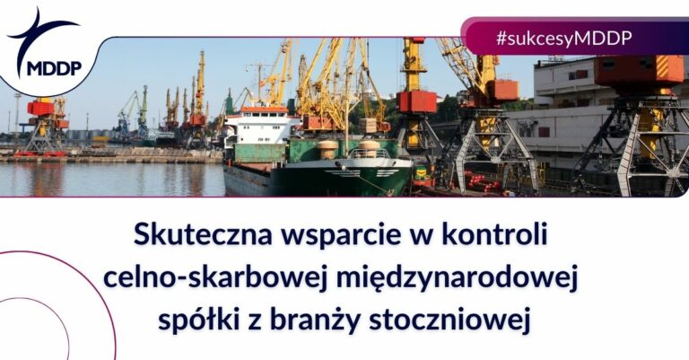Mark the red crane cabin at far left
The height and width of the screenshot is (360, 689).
(40, 108)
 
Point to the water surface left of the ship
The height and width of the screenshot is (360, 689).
(108, 179)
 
